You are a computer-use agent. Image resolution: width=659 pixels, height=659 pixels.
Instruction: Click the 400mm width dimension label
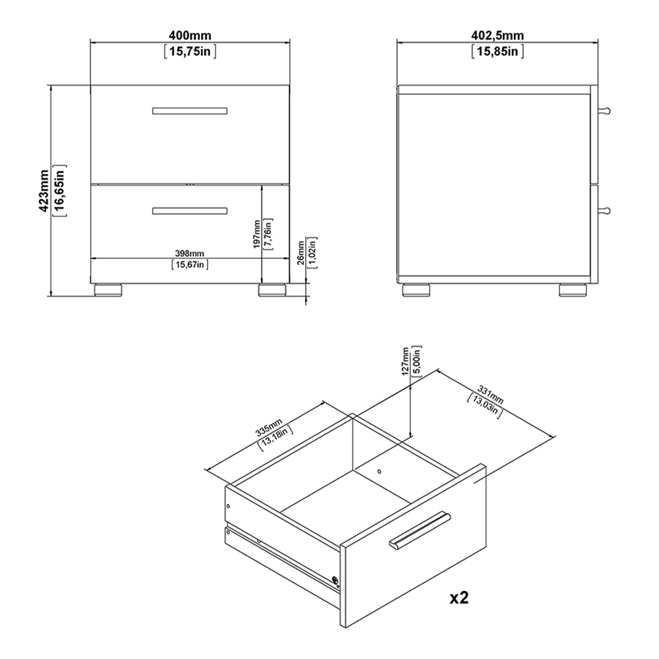tap(190, 34)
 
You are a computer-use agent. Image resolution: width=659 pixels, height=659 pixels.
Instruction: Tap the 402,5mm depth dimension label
tap(498, 34)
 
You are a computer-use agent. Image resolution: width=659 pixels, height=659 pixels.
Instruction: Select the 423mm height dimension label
tap(43, 192)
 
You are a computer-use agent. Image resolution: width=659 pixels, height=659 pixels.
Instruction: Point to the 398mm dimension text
tap(190, 253)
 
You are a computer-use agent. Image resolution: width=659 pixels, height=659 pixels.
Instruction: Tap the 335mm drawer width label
tap(268, 429)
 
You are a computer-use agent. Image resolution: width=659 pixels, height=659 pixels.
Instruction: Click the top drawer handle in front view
tap(190, 110)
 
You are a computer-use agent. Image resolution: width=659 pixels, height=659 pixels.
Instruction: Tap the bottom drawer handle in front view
tap(190, 211)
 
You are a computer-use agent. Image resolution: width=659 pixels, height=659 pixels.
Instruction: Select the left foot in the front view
tap(107, 289)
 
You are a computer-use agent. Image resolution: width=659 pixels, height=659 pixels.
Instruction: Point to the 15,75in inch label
tap(190, 50)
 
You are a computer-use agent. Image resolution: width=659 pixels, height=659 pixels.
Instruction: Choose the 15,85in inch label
tap(498, 50)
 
